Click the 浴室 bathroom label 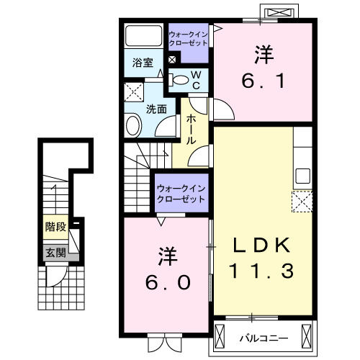click(143, 63)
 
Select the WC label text click(195, 79)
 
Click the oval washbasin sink click(133, 127)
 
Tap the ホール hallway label click(192, 130)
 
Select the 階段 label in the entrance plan click(55, 227)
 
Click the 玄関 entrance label click(55, 252)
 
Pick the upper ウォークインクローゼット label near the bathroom click(187, 38)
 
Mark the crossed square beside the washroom click(132, 92)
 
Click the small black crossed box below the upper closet click(171, 58)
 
